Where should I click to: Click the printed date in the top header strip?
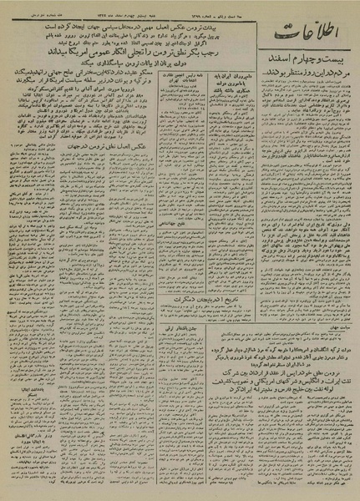click(185, 10)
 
